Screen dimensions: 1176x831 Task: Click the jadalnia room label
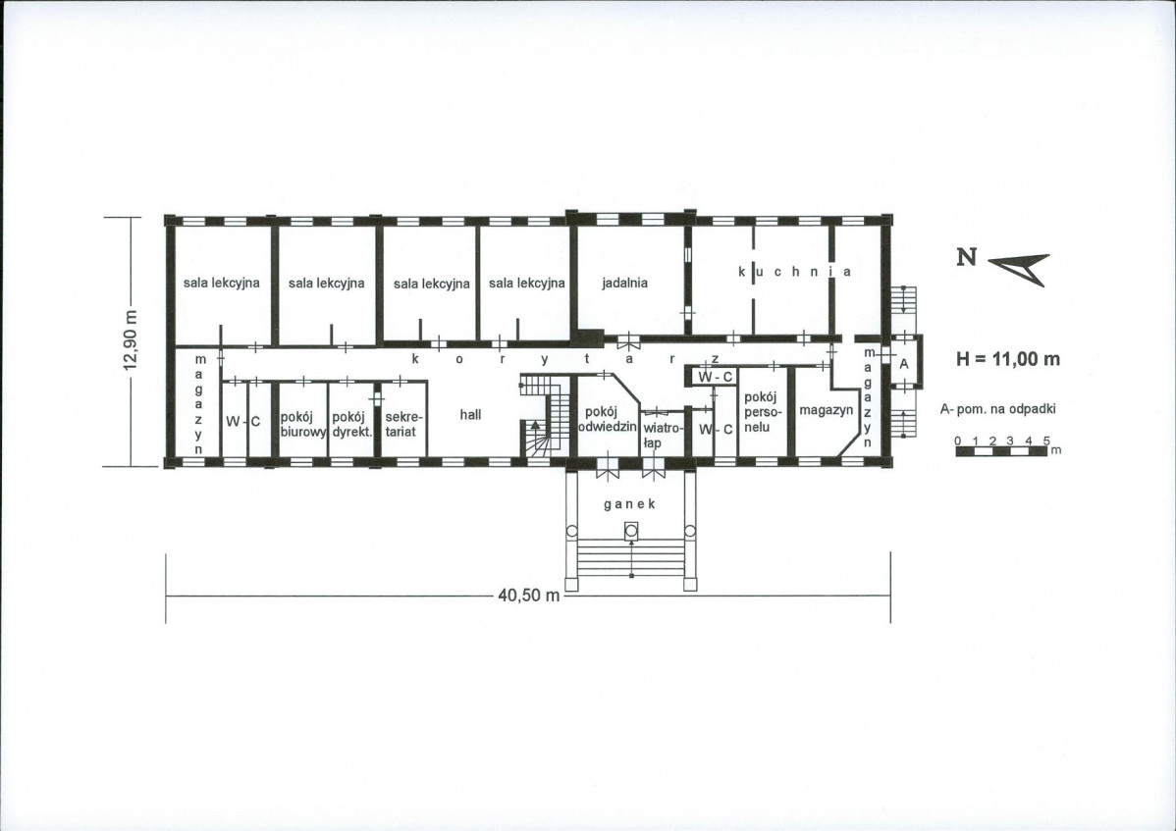pos(624,284)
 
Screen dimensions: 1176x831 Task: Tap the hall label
pos(470,414)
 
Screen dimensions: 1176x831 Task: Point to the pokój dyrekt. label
pos(351,424)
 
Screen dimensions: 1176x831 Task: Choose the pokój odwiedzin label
pos(607,419)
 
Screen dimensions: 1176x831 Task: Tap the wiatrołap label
pos(662,436)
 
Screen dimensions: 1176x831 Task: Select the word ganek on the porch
pos(630,504)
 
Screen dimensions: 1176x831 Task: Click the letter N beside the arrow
pos(967,257)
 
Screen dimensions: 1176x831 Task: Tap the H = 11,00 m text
pos(1008,359)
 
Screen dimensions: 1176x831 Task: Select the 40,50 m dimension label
pos(529,596)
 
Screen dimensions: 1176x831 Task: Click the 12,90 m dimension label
pos(131,339)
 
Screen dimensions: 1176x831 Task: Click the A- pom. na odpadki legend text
pos(997,409)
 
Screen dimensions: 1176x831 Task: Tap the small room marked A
pos(904,363)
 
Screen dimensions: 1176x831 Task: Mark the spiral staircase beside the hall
pos(546,416)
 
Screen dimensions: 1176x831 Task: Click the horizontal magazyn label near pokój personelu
pos(826,411)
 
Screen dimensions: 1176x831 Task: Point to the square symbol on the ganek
pos(631,531)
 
